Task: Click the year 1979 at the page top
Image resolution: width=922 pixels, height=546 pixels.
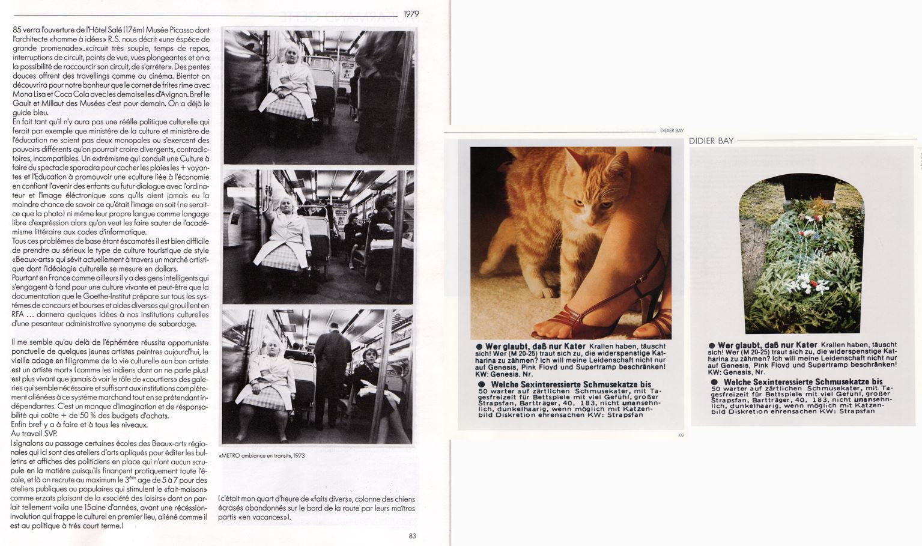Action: tap(411, 14)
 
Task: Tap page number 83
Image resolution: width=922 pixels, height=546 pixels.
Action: tap(412, 536)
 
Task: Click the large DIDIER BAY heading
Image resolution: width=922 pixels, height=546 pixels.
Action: tap(711, 141)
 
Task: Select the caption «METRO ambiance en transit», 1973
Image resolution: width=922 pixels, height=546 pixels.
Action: tap(262, 456)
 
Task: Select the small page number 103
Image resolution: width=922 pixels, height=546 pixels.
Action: tap(681, 435)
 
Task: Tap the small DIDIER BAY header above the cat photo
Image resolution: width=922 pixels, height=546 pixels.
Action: tap(672, 130)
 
